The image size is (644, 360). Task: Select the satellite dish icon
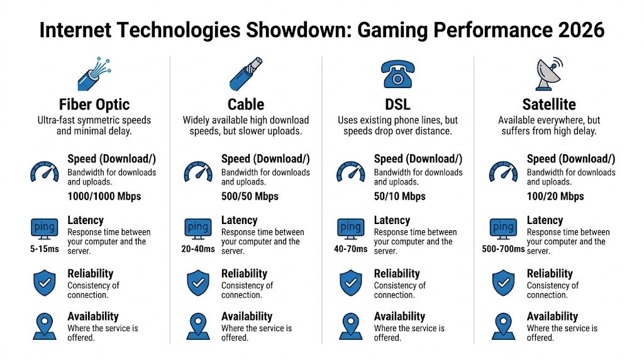(x=549, y=74)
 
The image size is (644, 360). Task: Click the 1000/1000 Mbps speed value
(x=104, y=196)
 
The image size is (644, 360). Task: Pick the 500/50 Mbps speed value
(x=250, y=196)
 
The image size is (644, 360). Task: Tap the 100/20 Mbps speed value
(x=555, y=196)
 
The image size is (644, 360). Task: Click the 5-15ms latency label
(x=44, y=249)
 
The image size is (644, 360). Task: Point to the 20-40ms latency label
(x=197, y=249)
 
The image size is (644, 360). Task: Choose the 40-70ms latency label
(x=350, y=249)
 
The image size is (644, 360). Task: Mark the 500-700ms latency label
(x=503, y=249)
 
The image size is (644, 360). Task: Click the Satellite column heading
(x=549, y=104)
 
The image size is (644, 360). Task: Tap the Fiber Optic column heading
(x=94, y=104)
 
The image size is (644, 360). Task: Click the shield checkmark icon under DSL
(x=350, y=283)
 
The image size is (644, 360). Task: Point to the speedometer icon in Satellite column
(x=503, y=171)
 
